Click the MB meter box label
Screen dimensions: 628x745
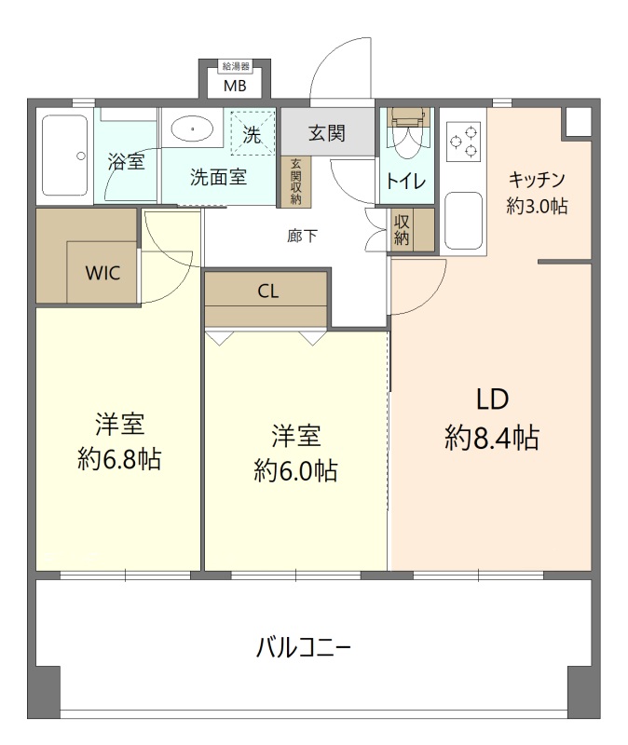pyautogui.click(x=236, y=87)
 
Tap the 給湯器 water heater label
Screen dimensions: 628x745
pyautogui.click(x=237, y=66)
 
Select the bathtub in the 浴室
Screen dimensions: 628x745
pyautogui.click(x=64, y=156)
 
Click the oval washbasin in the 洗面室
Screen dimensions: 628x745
pyautogui.click(x=192, y=129)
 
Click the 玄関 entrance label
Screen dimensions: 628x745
pyautogui.click(x=327, y=133)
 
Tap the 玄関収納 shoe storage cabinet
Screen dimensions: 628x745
pyautogui.click(x=295, y=182)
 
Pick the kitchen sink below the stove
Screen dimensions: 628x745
pyautogui.click(x=463, y=221)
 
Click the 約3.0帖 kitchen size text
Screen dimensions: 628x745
pyautogui.click(x=537, y=206)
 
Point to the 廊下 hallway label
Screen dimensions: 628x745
pyautogui.click(x=302, y=236)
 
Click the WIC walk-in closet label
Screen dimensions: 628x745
pyautogui.click(x=102, y=273)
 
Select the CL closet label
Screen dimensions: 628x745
pyautogui.click(x=267, y=291)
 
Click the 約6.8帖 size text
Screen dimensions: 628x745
pyautogui.click(x=119, y=459)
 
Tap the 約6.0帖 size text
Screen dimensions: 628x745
pyautogui.click(x=295, y=471)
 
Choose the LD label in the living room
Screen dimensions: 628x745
pyautogui.click(x=493, y=400)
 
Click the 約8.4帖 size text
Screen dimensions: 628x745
pyautogui.click(x=492, y=438)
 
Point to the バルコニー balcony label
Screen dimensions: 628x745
pyautogui.click(x=304, y=647)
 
